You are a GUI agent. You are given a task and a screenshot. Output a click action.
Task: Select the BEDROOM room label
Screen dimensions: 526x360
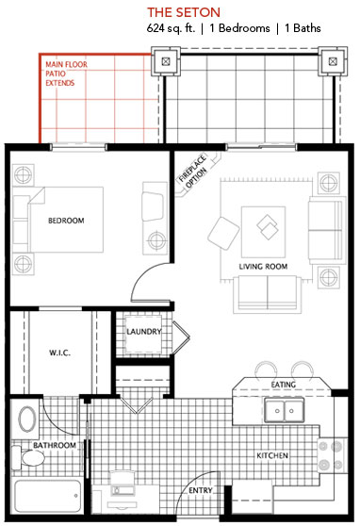(66, 221)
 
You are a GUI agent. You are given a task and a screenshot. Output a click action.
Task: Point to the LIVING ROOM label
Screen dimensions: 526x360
(263, 267)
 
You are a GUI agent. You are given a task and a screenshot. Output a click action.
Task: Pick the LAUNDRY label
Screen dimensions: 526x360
(144, 332)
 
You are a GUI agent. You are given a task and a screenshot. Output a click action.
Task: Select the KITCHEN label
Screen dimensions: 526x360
(272, 456)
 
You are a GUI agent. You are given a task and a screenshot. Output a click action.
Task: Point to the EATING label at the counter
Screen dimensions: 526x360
(284, 385)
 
